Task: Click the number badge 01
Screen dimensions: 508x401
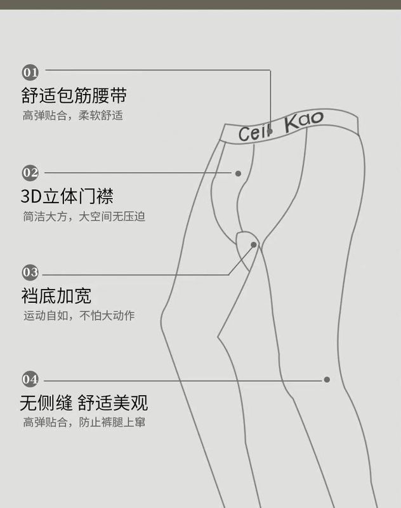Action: tap(30, 70)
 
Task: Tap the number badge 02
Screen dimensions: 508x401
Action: tap(30, 172)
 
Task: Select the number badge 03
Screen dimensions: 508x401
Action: tap(30, 272)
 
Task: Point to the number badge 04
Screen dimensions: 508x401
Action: tap(30, 380)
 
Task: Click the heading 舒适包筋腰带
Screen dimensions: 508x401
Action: tap(74, 95)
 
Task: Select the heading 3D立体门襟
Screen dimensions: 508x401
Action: tap(67, 196)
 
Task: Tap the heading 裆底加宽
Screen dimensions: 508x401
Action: tap(56, 296)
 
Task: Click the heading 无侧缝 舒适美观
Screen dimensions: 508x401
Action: tap(84, 403)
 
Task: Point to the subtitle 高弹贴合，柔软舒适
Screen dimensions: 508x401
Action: tap(73, 116)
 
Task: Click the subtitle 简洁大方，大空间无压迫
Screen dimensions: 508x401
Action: tap(84, 217)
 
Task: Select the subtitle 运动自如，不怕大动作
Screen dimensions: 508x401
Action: tap(79, 316)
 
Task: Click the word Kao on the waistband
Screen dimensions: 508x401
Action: tap(304, 121)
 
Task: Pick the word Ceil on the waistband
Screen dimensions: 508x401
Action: tap(253, 133)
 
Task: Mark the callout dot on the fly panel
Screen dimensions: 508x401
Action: tap(239, 173)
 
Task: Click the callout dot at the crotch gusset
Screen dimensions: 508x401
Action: tap(254, 244)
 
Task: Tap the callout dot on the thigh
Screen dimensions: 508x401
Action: tap(327, 380)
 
